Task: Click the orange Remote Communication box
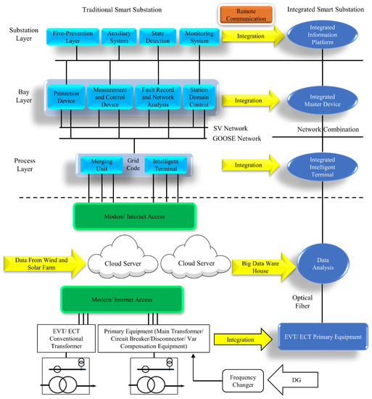(244, 13)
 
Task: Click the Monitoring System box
(198, 38)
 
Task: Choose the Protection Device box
(66, 97)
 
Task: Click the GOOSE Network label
(236, 138)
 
